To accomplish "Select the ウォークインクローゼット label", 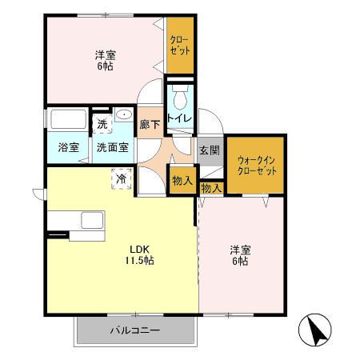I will [256, 166].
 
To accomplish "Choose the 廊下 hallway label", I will [150, 124].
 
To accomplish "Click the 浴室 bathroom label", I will [67, 148].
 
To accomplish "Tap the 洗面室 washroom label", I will [113, 148].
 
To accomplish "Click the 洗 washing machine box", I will [102, 124].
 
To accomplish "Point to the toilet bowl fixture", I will [179, 97].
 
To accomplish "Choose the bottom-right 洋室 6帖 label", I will [240, 254].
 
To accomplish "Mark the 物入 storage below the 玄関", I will [211, 188].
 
